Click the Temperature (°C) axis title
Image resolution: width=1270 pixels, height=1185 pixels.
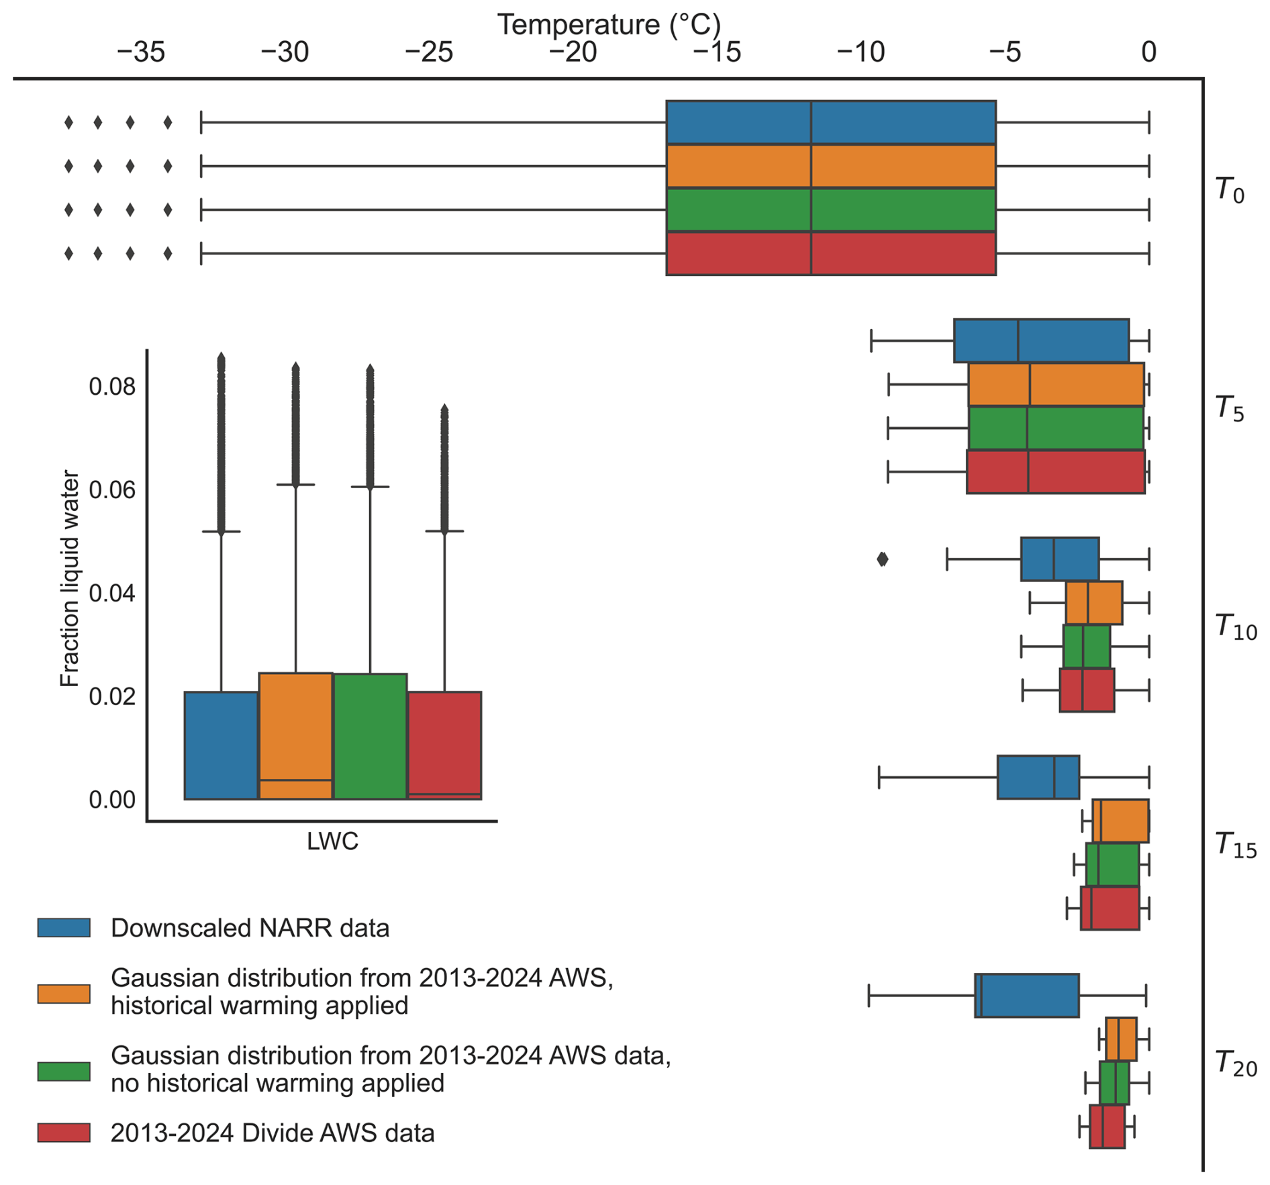point(609,24)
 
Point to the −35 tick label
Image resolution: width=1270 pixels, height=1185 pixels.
point(140,52)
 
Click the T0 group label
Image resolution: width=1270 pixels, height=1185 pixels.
point(1229,189)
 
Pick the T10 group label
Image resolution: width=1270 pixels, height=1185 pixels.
point(1236,626)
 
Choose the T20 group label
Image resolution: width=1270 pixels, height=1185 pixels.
point(1236,1063)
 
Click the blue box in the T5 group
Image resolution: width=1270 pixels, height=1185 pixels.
point(1041,340)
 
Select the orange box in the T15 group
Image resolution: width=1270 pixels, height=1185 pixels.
point(1120,820)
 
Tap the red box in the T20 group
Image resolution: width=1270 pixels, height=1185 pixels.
point(1107,1127)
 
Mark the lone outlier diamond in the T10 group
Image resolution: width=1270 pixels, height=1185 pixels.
point(883,559)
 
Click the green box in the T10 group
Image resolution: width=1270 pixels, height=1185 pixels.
point(1087,646)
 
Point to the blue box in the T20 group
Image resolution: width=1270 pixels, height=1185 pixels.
point(1027,996)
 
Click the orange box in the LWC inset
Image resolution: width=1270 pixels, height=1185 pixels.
point(296,736)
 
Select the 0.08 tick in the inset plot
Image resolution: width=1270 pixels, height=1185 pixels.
point(112,387)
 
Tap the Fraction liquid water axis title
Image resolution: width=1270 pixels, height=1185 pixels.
point(70,579)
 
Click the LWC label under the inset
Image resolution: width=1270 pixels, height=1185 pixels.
point(333,841)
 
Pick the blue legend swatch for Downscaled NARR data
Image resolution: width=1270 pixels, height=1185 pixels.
point(64,927)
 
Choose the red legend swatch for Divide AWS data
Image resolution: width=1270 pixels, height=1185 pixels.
point(64,1133)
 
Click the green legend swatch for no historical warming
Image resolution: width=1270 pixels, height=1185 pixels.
point(64,1071)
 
